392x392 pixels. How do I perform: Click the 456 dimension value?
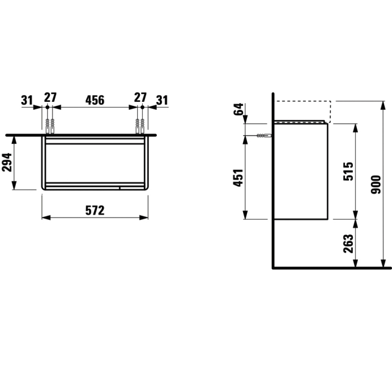coord(95,100)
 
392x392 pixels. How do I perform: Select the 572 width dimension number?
coord(95,211)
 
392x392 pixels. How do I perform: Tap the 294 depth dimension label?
coord(7,162)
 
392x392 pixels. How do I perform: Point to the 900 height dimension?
coord(376,184)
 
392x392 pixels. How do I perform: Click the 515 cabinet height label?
coord(348,171)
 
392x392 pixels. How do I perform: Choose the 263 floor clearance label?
coord(348,244)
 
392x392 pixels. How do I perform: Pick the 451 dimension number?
coord(238,178)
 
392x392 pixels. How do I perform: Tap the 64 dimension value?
coord(238,109)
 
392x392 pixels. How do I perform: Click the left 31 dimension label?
coord(27,100)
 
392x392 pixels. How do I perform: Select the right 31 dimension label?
coord(162,100)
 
